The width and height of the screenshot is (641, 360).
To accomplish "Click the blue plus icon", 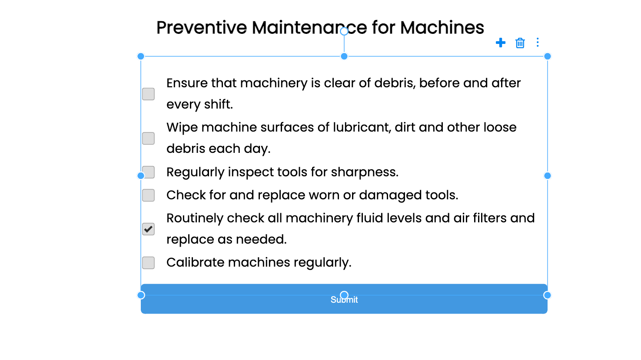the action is click(x=501, y=43).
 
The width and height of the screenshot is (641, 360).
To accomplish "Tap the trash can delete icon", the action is click(x=520, y=43).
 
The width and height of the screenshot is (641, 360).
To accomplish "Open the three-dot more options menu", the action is click(x=538, y=42).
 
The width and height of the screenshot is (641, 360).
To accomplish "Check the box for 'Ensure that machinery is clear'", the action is click(x=148, y=94).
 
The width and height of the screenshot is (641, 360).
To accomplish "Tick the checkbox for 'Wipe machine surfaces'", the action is click(x=148, y=139).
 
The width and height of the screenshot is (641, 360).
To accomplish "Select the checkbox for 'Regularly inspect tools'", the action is click(x=148, y=172).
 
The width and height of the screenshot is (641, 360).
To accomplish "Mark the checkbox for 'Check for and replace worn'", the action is click(x=148, y=195).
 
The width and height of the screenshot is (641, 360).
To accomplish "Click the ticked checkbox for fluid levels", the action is click(x=148, y=229).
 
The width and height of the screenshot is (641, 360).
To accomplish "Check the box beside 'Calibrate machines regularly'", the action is click(x=148, y=263).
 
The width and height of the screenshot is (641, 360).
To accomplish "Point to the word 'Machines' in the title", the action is click(x=442, y=28).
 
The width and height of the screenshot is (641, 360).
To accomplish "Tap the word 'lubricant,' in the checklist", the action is click(x=362, y=128).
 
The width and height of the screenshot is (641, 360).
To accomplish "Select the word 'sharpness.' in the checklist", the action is click(x=365, y=172).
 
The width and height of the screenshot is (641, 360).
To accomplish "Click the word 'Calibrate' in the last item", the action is click(x=196, y=262).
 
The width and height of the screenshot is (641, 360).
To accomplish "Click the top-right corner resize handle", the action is click(x=548, y=56).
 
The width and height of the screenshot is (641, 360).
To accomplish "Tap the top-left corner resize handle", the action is click(x=141, y=56).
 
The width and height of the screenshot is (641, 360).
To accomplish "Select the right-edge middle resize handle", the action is click(x=548, y=175).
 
